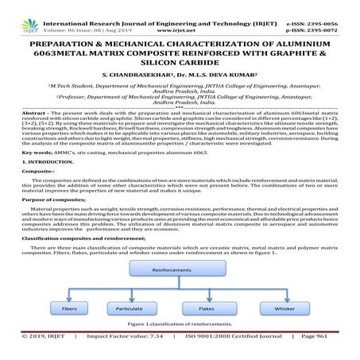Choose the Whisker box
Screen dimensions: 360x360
pos(284,307)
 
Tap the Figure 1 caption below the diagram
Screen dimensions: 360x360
pos(180,325)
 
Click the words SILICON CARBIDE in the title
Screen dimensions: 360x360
pos(180,63)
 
